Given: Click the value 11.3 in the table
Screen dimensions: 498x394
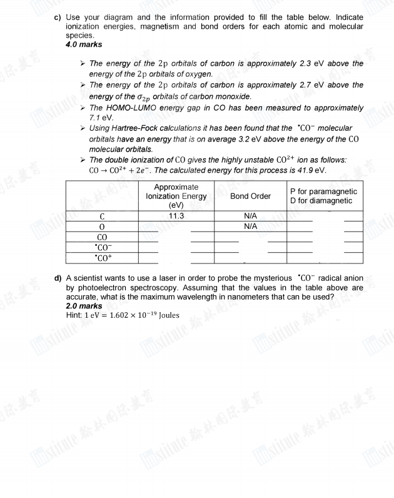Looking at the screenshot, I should (x=176, y=216).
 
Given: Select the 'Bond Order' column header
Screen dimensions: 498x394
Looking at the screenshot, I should (x=250, y=196).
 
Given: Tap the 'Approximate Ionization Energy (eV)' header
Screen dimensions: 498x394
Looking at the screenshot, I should (x=176, y=196).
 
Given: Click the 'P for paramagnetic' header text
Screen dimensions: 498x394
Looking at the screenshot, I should (x=323, y=191).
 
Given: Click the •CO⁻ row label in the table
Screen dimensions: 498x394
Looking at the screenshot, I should (x=100, y=246).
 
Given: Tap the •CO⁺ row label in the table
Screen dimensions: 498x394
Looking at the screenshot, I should (x=100, y=257).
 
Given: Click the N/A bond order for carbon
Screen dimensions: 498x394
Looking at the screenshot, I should (x=250, y=216).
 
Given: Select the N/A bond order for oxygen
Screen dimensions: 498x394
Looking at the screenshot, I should (x=250, y=226).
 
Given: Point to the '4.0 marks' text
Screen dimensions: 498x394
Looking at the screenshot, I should (x=84, y=44).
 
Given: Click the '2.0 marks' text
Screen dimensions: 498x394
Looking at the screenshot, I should (x=84, y=306).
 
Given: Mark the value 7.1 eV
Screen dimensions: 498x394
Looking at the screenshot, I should (x=101, y=117).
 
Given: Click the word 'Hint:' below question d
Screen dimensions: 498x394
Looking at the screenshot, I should (x=74, y=315).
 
